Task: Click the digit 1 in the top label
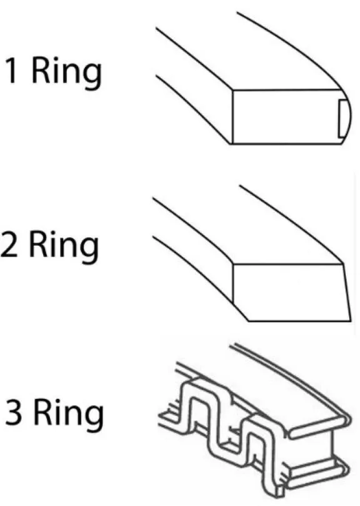12,70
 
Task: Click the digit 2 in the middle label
9,244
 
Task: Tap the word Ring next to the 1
67,73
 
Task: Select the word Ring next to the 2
64,246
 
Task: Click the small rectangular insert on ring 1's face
342,118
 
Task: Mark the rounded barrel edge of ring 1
347,117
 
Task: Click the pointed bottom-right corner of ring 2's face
351,321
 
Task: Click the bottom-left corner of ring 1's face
232,144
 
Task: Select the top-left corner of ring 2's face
233,264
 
